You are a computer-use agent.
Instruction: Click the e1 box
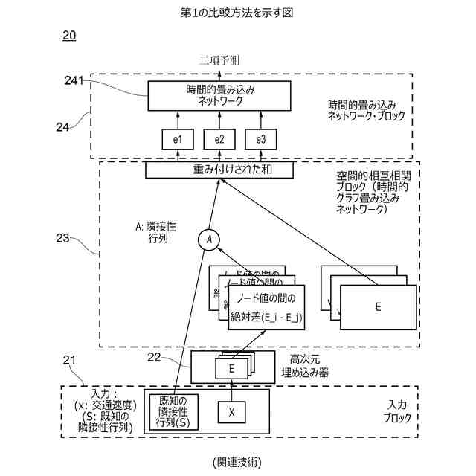point(178,139)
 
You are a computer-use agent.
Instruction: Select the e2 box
point(219,139)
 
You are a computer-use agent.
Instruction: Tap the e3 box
point(261,139)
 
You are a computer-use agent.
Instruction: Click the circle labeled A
point(209,239)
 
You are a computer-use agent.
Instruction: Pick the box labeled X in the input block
point(231,411)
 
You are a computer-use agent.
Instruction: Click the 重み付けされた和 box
point(219,170)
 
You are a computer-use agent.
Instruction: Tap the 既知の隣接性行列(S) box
point(173,411)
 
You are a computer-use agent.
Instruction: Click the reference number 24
point(62,126)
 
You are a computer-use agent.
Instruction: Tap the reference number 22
point(154,358)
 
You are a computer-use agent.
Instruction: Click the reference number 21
point(69,361)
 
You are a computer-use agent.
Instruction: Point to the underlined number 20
point(68,36)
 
